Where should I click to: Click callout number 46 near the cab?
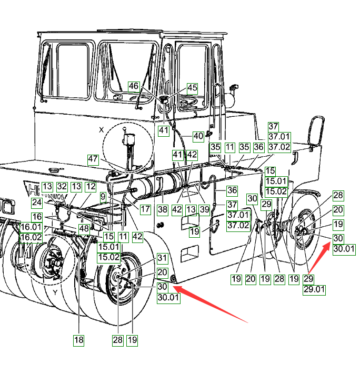[x=134, y=86]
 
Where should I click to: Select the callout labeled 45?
[x=192, y=88]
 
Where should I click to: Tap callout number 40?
[x=198, y=136]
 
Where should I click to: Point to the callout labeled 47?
[x=93, y=158]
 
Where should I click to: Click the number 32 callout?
[x=62, y=186]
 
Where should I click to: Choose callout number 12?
[x=91, y=186]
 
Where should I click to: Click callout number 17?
[x=146, y=209]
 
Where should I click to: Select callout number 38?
[x=162, y=209]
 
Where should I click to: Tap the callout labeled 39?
[x=204, y=209]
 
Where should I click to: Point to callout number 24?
[x=36, y=201]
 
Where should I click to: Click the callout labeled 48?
[x=84, y=229]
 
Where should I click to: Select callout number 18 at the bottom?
[x=78, y=340]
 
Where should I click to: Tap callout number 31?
[x=162, y=258]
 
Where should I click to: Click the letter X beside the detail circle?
[x=102, y=129]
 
